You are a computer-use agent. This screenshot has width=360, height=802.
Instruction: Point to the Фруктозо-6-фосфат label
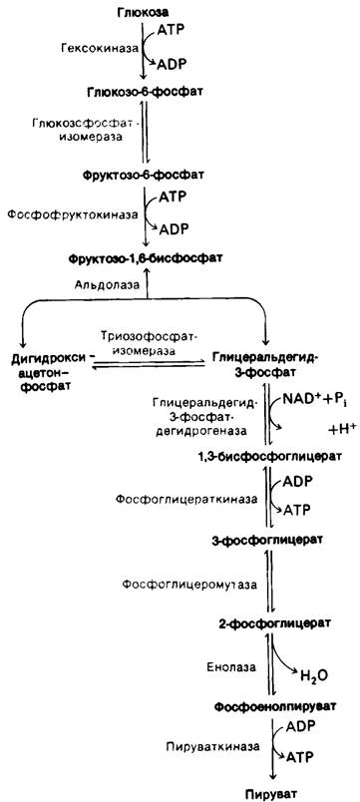(x=144, y=175)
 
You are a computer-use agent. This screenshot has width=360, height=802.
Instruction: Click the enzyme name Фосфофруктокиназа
(x=72, y=214)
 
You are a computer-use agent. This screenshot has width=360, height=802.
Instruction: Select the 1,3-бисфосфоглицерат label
(x=270, y=455)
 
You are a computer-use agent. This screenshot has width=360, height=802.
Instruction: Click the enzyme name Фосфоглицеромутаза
(x=189, y=584)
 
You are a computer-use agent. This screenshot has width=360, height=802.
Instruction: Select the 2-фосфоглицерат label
(x=267, y=623)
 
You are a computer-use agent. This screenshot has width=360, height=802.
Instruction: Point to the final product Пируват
(x=271, y=794)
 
